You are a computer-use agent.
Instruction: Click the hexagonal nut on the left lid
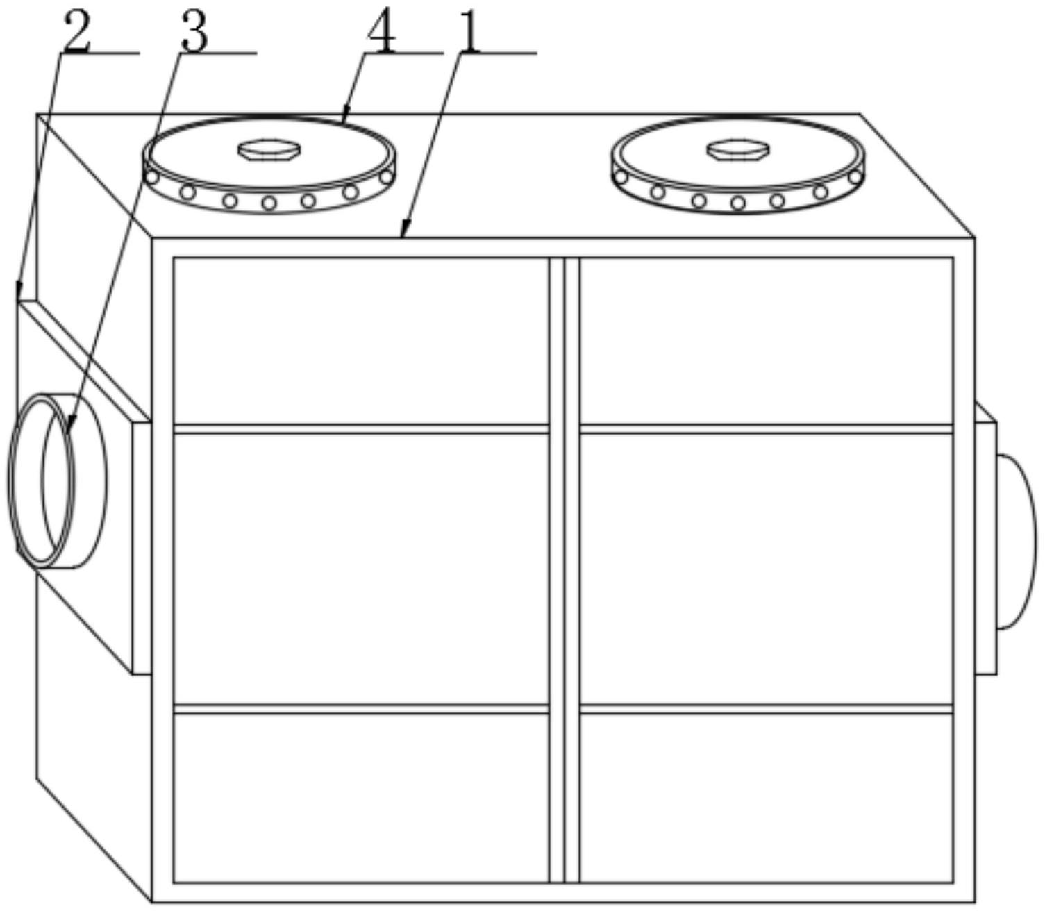269,149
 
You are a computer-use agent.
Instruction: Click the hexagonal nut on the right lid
739,149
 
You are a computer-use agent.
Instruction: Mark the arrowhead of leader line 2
19,293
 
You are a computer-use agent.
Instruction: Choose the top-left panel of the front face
360,340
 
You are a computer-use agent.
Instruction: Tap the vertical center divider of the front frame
564,569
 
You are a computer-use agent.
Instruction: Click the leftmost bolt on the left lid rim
151,177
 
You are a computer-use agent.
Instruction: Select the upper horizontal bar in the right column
766,428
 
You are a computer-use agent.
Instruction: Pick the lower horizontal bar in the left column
360,709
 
